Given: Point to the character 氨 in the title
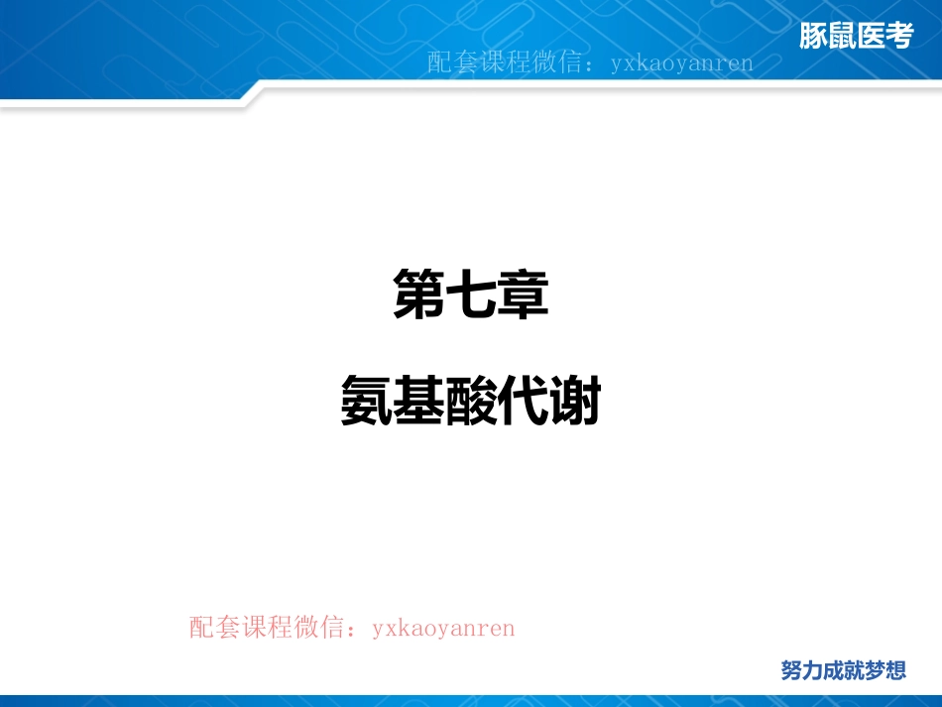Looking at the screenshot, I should [366, 402].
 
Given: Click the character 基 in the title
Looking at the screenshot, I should [418, 402].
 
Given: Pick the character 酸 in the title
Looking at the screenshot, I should [471, 402].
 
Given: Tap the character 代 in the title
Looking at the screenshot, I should [523, 402].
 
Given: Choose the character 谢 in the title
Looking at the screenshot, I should [575, 402].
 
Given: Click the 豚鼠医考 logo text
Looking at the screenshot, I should [856, 38].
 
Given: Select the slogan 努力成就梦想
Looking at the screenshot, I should [843, 670].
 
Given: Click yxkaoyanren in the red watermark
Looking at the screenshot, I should [443, 628].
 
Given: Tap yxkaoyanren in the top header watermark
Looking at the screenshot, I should [681, 63].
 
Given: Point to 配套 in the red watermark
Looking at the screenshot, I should [214, 628].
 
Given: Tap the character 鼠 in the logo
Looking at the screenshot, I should [842, 38].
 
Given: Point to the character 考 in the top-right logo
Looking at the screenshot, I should [898, 38].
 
